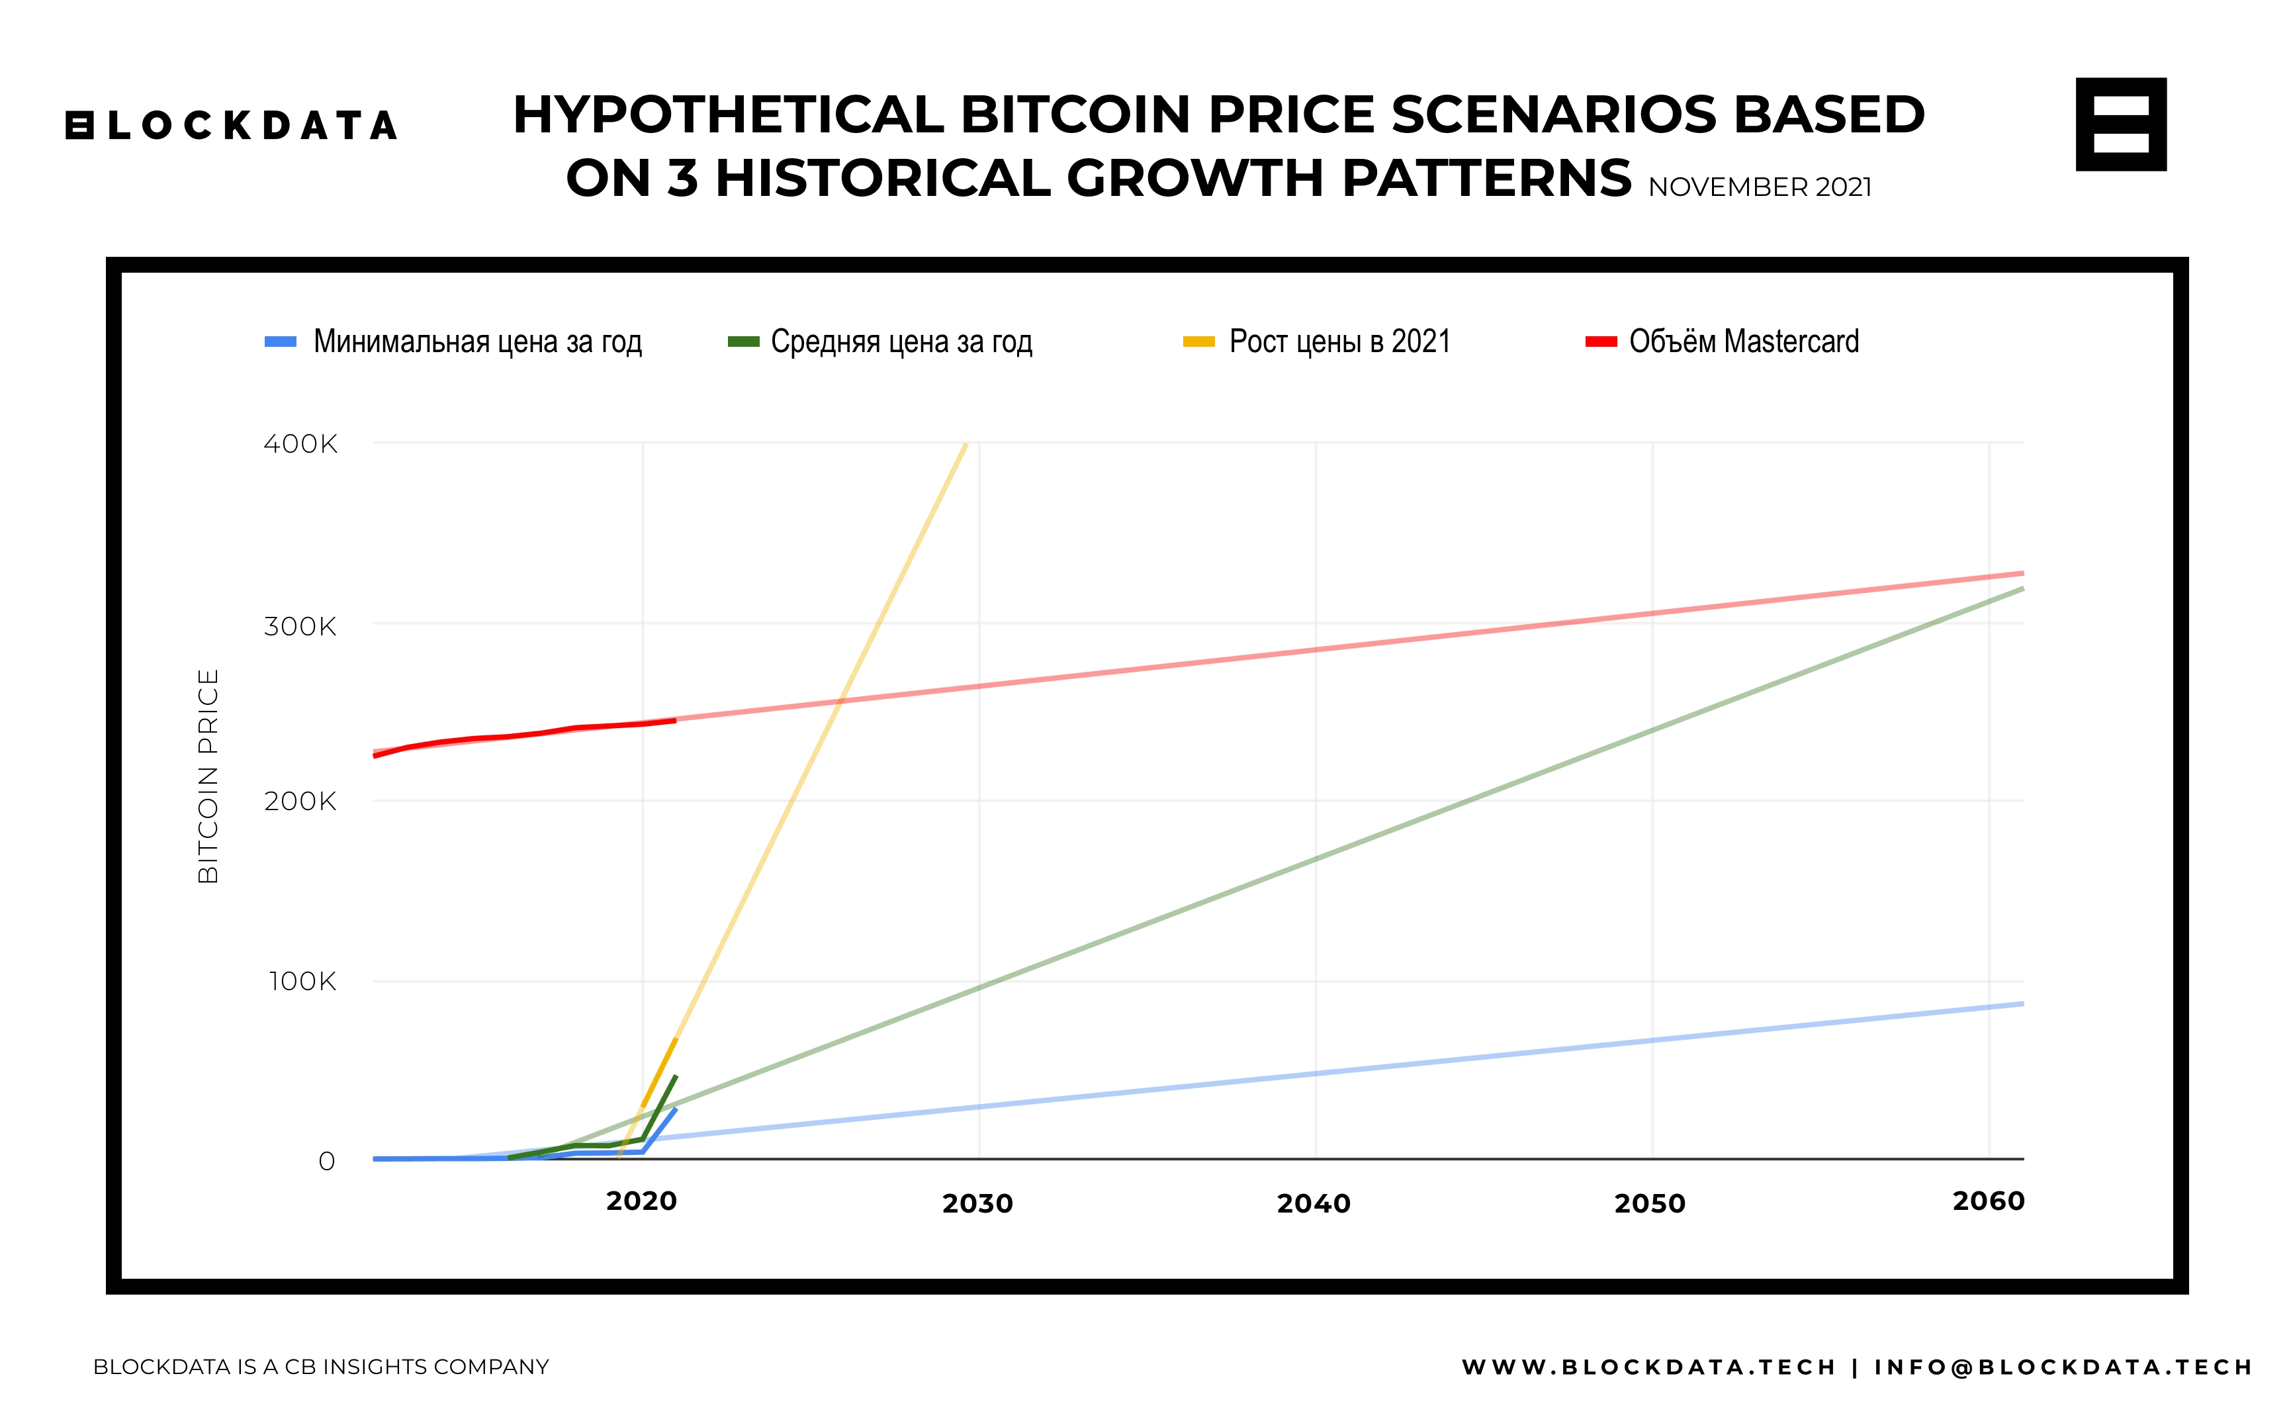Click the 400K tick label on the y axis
coord(300,443)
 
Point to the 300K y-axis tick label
coord(300,625)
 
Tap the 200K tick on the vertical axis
coord(300,802)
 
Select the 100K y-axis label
coord(302,982)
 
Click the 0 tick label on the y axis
coord(326,1161)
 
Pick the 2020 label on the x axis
coord(642,1201)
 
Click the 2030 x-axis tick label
coord(977,1203)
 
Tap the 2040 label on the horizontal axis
coord(1314,1203)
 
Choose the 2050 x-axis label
coord(1650,1203)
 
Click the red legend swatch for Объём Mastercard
coord(1601,342)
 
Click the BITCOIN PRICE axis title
coord(208,776)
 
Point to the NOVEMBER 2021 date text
coord(1760,187)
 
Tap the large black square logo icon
coord(2120,124)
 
